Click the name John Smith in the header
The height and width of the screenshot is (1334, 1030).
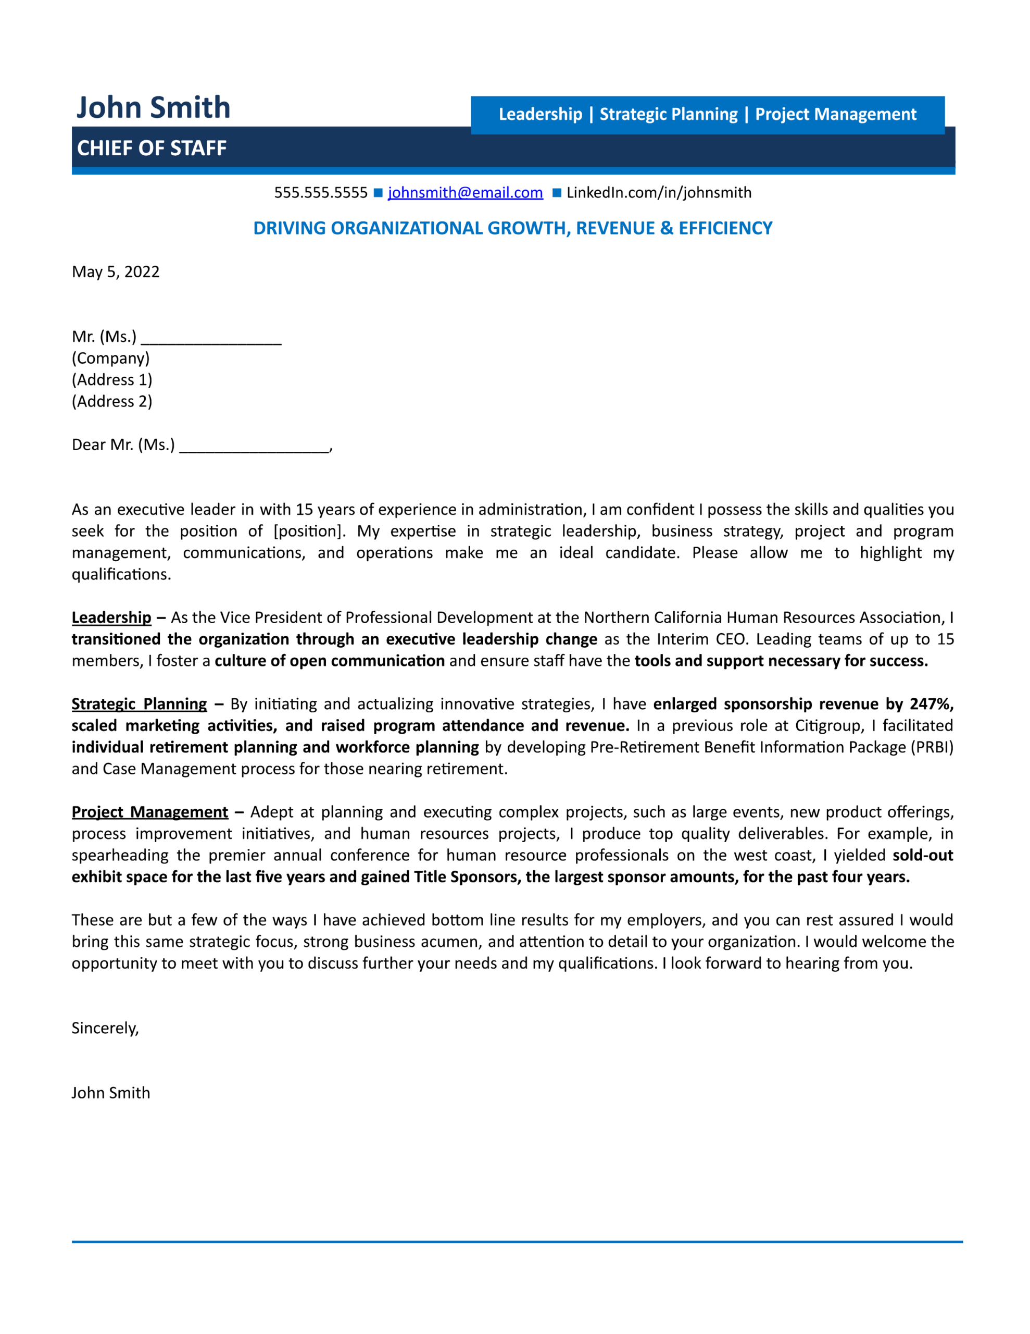[153, 107]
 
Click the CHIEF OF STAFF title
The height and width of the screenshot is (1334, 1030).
[152, 149]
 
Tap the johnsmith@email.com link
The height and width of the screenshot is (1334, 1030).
[465, 193]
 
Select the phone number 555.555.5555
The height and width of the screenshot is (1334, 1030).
[321, 193]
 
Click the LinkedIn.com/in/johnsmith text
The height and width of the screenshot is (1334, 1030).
[659, 193]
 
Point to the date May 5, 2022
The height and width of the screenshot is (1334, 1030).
[116, 272]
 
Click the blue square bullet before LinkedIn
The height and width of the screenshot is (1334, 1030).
[557, 193]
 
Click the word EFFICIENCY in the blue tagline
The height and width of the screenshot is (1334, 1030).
[725, 228]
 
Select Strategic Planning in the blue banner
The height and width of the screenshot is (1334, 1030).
[669, 115]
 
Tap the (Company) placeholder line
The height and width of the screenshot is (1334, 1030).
[110, 359]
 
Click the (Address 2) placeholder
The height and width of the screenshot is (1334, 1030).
[112, 402]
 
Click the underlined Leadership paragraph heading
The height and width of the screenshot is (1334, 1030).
[111, 617]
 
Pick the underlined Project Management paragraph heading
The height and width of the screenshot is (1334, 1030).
[149, 812]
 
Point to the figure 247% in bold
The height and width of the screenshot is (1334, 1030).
[931, 705]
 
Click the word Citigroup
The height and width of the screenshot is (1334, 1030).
[828, 726]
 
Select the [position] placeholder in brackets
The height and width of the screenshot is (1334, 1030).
[309, 532]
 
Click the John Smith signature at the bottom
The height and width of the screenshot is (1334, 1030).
[110, 1093]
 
